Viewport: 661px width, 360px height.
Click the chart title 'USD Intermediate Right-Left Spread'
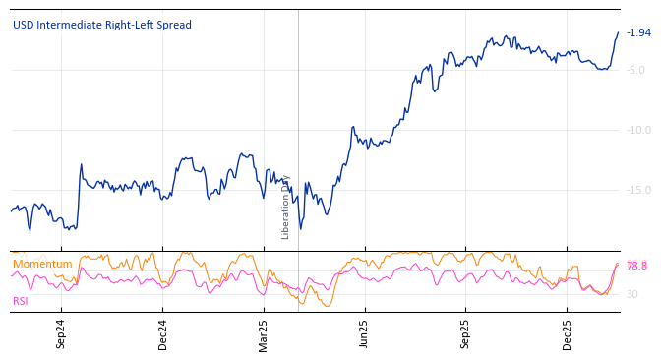coord(102,25)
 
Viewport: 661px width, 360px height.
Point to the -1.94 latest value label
coord(638,32)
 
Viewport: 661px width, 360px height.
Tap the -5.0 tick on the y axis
coord(635,70)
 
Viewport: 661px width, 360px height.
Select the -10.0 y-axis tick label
coord(638,130)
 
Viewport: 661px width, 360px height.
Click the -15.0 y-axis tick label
coord(638,190)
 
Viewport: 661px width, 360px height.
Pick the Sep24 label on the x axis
coord(61,334)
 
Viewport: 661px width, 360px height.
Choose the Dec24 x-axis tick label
coord(163,334)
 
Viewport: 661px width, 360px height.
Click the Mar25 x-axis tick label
coord(264,334)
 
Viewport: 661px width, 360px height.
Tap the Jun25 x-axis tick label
coord(364,334)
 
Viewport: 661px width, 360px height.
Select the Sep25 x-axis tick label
coord(466,334)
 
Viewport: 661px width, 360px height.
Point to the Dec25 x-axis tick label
coord(568,334)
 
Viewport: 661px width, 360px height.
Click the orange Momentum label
coord(42,264)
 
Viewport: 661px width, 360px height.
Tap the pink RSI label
coord(21,301)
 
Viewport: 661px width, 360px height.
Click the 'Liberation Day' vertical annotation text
coord(286,207)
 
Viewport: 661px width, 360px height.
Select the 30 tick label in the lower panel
coord(632,294)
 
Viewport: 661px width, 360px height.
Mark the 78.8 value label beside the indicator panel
coord(636,266)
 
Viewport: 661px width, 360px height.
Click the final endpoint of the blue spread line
coord(619,32)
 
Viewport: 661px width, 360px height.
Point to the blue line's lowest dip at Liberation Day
coord(299,229)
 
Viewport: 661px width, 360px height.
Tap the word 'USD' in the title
coord(24,25)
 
